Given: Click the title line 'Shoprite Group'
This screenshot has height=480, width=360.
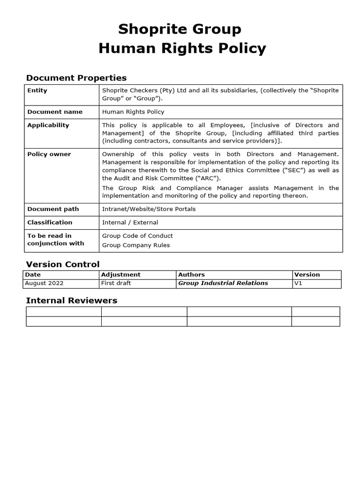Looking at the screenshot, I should [180, 29].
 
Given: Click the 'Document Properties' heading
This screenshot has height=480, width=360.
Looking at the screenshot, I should [76, 78].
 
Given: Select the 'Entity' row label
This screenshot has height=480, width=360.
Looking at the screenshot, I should [37, 90].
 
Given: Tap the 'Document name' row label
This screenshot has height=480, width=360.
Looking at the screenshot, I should [54, 112].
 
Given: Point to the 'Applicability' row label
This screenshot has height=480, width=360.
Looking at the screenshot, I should [48, 125].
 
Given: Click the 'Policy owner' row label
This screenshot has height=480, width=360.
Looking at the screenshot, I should [49, 154].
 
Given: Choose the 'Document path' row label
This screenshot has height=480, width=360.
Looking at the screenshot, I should [53, 209].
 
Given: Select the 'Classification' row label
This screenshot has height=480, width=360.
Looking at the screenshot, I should [50, 222].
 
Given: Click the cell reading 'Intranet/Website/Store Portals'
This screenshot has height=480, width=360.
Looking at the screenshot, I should [150, 209].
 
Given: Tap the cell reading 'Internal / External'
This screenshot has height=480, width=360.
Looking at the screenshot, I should [130, 222].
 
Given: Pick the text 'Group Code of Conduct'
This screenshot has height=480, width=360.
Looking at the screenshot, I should [137, 236].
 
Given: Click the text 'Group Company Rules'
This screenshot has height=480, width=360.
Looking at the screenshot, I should [136, 245].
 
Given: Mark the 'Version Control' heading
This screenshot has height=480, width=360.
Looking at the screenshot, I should [62, 264].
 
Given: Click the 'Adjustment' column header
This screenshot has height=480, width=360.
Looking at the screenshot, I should [120, 275].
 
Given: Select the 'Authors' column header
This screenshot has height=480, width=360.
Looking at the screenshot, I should [191, 275].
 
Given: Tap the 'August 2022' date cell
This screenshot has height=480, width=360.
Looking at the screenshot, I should [44, 283].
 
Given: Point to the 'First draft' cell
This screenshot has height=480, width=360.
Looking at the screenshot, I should [116, 283].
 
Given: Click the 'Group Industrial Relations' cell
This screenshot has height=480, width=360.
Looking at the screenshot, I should [223, 283].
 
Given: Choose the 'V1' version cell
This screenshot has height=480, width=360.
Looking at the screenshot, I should [298, 283].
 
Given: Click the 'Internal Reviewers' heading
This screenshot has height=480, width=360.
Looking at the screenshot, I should [71, 300].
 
